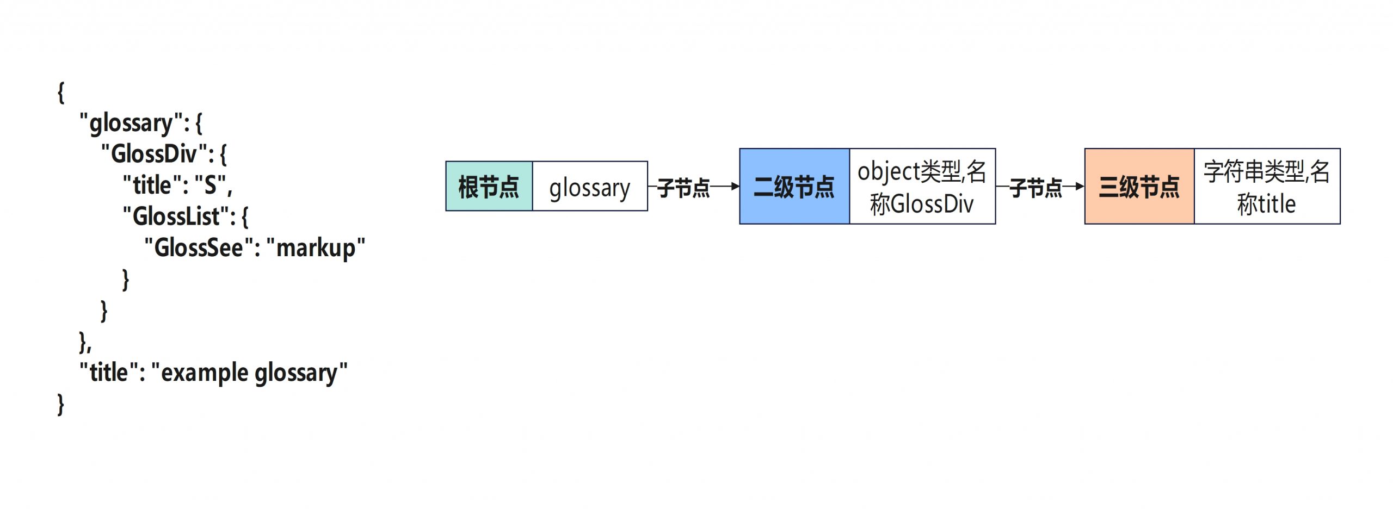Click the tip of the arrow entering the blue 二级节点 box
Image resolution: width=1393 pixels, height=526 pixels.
[739, 187]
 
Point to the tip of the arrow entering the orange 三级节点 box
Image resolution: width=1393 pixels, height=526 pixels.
[1084, 187]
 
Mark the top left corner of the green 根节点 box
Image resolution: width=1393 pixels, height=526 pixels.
[446, 161]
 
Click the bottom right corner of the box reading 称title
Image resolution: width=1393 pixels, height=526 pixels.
[1340, 224]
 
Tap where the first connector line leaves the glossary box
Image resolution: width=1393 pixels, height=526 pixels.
[648, 187]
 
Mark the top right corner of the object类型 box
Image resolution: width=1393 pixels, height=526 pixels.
[996, 148]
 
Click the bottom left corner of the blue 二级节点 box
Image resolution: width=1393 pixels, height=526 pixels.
[739, 224]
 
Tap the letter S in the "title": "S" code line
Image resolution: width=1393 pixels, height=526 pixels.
[211, 185]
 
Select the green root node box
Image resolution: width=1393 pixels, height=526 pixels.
[489, 186]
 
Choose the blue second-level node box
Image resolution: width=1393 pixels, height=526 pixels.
[794, 186]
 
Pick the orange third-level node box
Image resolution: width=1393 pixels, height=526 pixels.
[1139, 186]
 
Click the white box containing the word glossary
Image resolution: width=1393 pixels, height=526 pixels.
[590, 186]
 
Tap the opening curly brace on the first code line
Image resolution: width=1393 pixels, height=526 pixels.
[61, 92]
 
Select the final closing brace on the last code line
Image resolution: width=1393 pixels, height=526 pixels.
[61, 405]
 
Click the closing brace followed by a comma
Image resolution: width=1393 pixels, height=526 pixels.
[85, 342]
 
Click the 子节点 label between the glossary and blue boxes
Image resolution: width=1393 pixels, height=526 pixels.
[683, 188]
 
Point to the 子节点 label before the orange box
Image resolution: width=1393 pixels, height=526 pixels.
[1035, 188]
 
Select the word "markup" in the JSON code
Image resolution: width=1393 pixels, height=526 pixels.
[316, 248]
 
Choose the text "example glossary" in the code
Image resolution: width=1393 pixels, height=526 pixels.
[249, 373]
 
